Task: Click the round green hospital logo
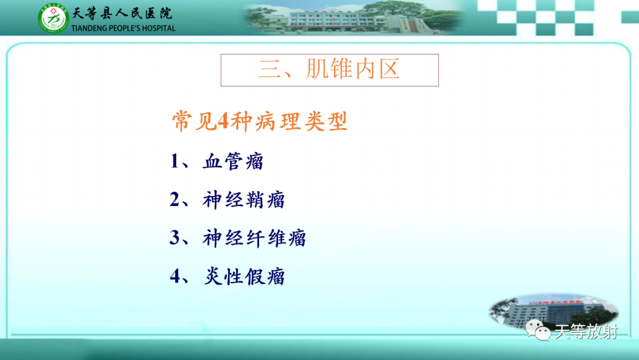tap(53, 18)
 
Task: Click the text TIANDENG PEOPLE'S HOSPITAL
tap(123, 28)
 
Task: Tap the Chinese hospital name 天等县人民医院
tap(122, 13)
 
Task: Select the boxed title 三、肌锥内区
tap(330, 70)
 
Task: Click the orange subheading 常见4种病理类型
tap(260, 121)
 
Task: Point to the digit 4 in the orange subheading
tap(223, 121)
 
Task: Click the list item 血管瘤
tap(234, 161)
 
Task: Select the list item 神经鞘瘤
tap(244, 200)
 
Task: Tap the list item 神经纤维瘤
tap(254, 238)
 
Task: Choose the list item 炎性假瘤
tap(244, 277)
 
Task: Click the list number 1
tap(175, 161)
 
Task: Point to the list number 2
tap(175, 200)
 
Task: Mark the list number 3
tap(175, 237)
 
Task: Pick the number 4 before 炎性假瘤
tap(175, 276)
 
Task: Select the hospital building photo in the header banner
tap(353, 17)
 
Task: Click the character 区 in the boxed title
tap(389, 69)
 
